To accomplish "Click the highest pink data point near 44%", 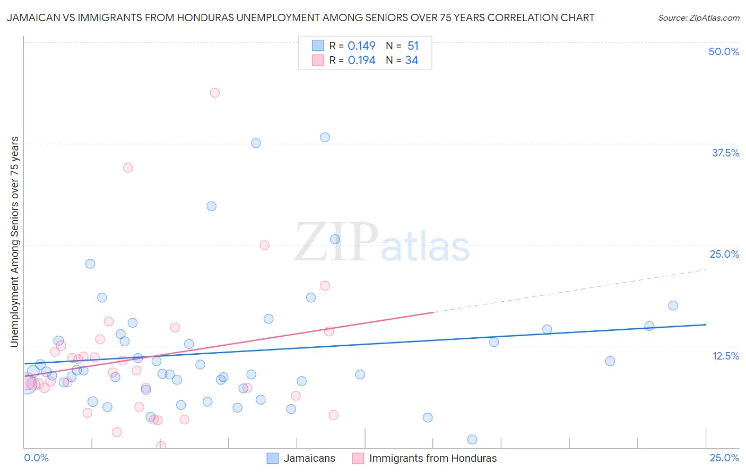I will tap(214, 93).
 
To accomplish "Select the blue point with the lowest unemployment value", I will tap(472, 439).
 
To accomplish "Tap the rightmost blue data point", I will tap(673, 305).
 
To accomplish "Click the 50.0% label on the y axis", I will tap(724, 51).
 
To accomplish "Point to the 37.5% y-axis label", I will tap(725, 153).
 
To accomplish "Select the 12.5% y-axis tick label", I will tap(725, 356).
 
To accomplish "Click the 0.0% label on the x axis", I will tap(36, 458).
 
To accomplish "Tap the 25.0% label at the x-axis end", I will tap(724, 458).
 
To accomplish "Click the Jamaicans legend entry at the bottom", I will tap(309, 458).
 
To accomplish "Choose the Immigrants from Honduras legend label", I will tap(432, 458).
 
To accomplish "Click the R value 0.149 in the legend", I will tap(361, 46).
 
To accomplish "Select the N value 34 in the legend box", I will tap(412, 60).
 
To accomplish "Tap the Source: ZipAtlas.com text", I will tap(698, 17).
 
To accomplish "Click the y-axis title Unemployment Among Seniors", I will tap(14, 242).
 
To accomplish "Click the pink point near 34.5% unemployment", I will tap(128, 168).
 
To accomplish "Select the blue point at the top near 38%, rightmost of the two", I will tap(325, 137).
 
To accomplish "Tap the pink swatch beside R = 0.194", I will tap(318, 60).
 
